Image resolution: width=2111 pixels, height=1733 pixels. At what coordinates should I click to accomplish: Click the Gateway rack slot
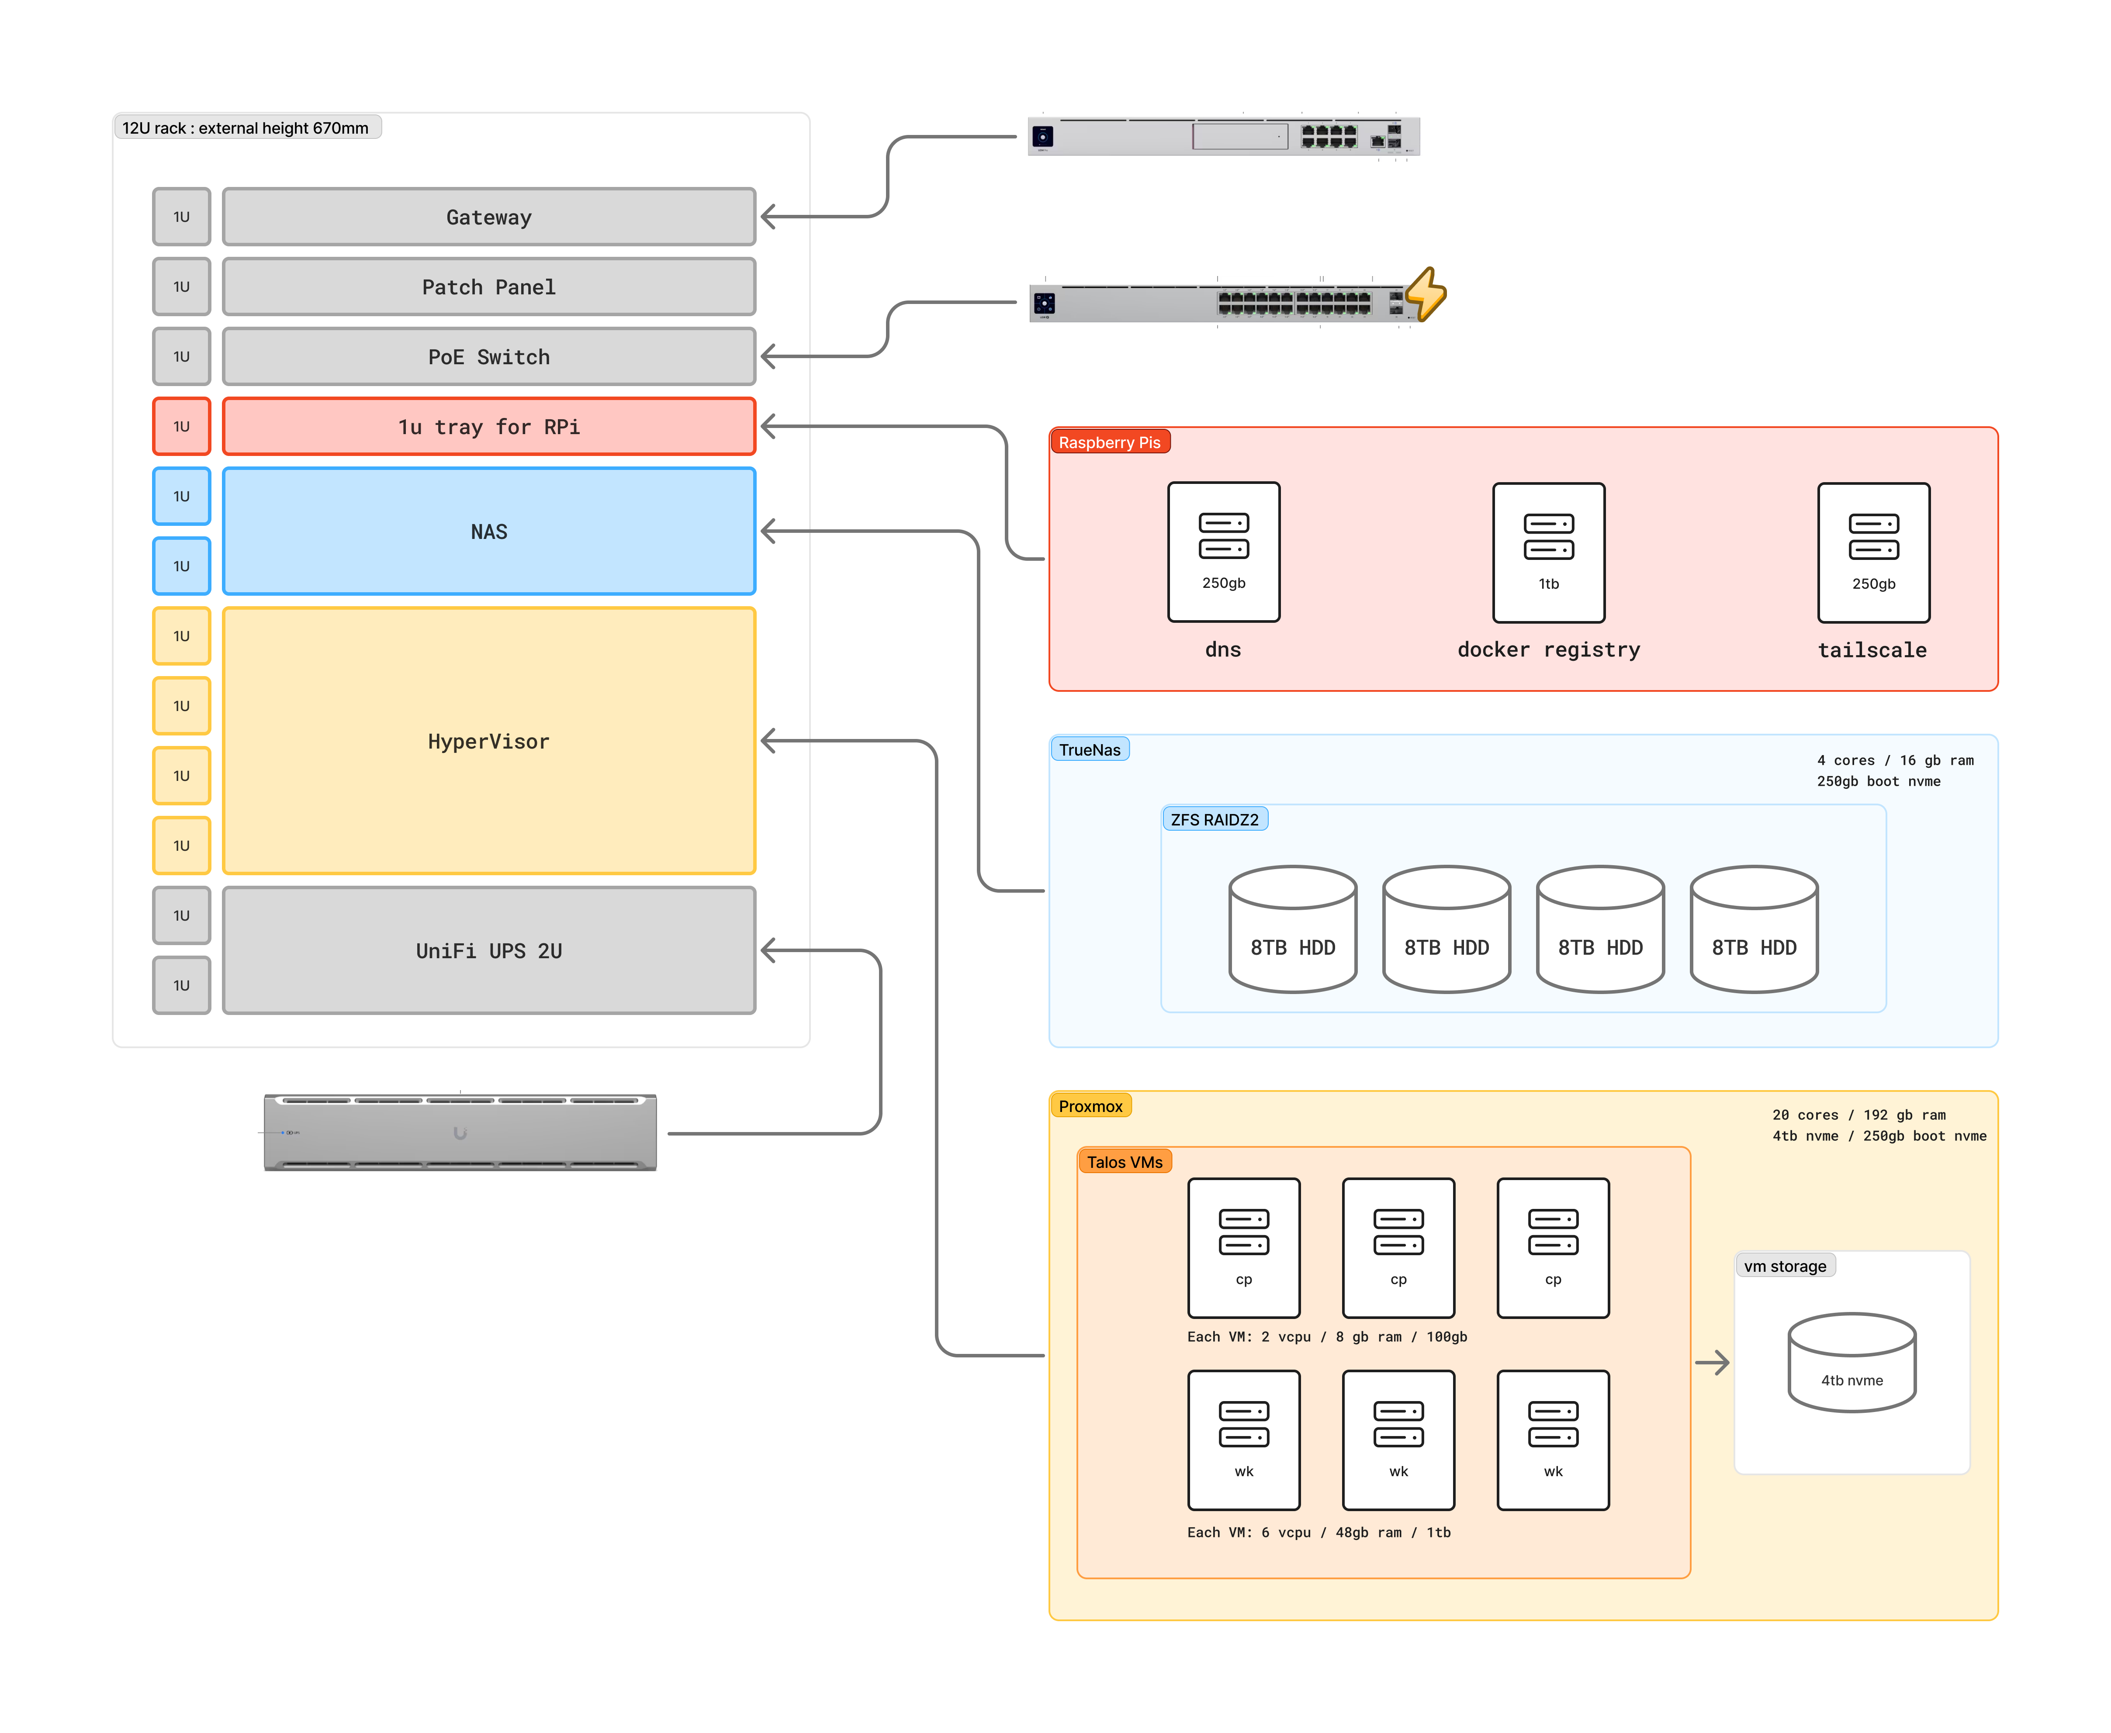click(x=488, y=217)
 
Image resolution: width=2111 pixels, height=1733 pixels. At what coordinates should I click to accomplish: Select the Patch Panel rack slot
click(x=488, y=287)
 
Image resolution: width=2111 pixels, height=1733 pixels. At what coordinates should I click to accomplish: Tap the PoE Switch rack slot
click(x=488, y=356)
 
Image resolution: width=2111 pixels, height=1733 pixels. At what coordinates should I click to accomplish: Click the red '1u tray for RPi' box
click(x=488, y=426)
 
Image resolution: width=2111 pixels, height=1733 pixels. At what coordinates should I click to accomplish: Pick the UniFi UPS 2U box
click(x=488, y=950)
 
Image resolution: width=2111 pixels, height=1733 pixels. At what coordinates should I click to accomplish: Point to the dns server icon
click(x=1223, y=552)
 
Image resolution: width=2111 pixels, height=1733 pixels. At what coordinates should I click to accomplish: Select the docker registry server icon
click(x=1548, y=552)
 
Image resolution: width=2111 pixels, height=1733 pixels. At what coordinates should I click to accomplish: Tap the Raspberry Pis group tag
click(x=1109, y=442)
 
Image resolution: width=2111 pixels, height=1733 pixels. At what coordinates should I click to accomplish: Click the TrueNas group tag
click(x=1090, y=750)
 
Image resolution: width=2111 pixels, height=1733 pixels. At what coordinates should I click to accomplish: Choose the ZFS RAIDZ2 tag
click(x=1214, y=820)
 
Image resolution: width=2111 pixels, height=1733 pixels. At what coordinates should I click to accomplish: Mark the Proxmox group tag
click(x=1090, y=1106)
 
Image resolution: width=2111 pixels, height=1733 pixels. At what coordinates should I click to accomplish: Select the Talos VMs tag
click(x=1125, y=1162)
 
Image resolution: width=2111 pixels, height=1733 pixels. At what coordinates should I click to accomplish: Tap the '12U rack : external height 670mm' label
click(x=246, y=128)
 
